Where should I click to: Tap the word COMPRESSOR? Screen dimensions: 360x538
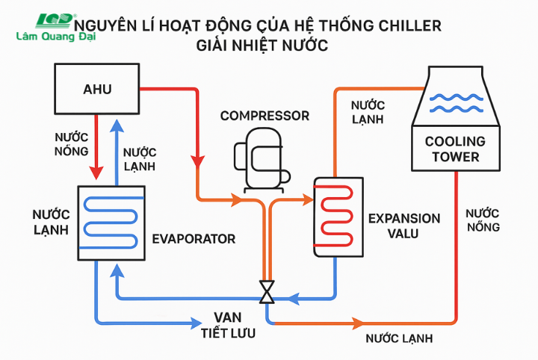point(265,116)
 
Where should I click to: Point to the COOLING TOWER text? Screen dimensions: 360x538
point(454,149)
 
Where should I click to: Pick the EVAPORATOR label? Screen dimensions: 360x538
point(194,239)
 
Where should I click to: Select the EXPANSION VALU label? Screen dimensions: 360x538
point(404,226)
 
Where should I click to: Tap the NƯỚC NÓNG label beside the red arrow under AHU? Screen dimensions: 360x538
point(72,145)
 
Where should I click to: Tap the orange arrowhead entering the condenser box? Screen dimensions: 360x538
point(307,199)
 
